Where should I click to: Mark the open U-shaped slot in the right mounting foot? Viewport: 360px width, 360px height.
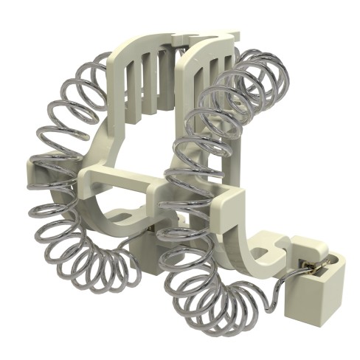[x=280, y=243]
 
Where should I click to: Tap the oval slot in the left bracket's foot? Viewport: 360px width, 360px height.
[x=125, y=216]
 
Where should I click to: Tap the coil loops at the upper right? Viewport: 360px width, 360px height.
[x=262, y=81]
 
